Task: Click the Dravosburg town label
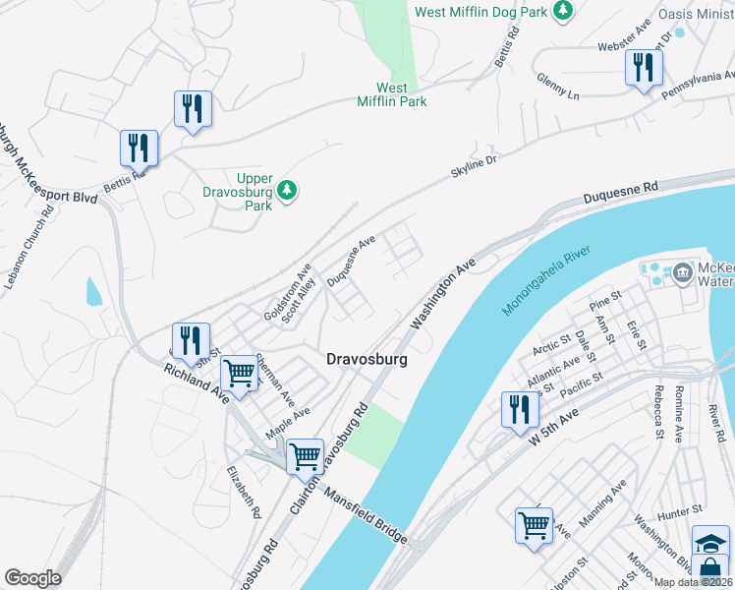(366, 361)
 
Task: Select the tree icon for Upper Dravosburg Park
(287, 190)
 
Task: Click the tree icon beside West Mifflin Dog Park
(563, 11)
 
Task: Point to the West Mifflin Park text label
(391, 94)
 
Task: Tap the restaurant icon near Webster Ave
(644, 68)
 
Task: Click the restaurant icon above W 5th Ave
(520, 409)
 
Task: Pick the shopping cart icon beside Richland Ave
(239, 374)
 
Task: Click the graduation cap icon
(710, 541)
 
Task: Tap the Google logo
(32, 578)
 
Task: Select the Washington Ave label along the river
(443, 293)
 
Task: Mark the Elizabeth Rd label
(243, 492)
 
